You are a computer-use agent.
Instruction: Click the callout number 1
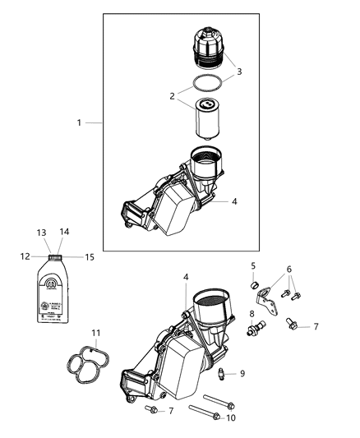pyautogui.click(x=79, y=122)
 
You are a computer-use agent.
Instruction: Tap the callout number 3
pyautogui.click(x=239, y=72)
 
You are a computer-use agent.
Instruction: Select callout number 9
pyautogui.click(x=242, y=373)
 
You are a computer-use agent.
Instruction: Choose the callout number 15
pyautogui.click(x=90, y=257)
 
